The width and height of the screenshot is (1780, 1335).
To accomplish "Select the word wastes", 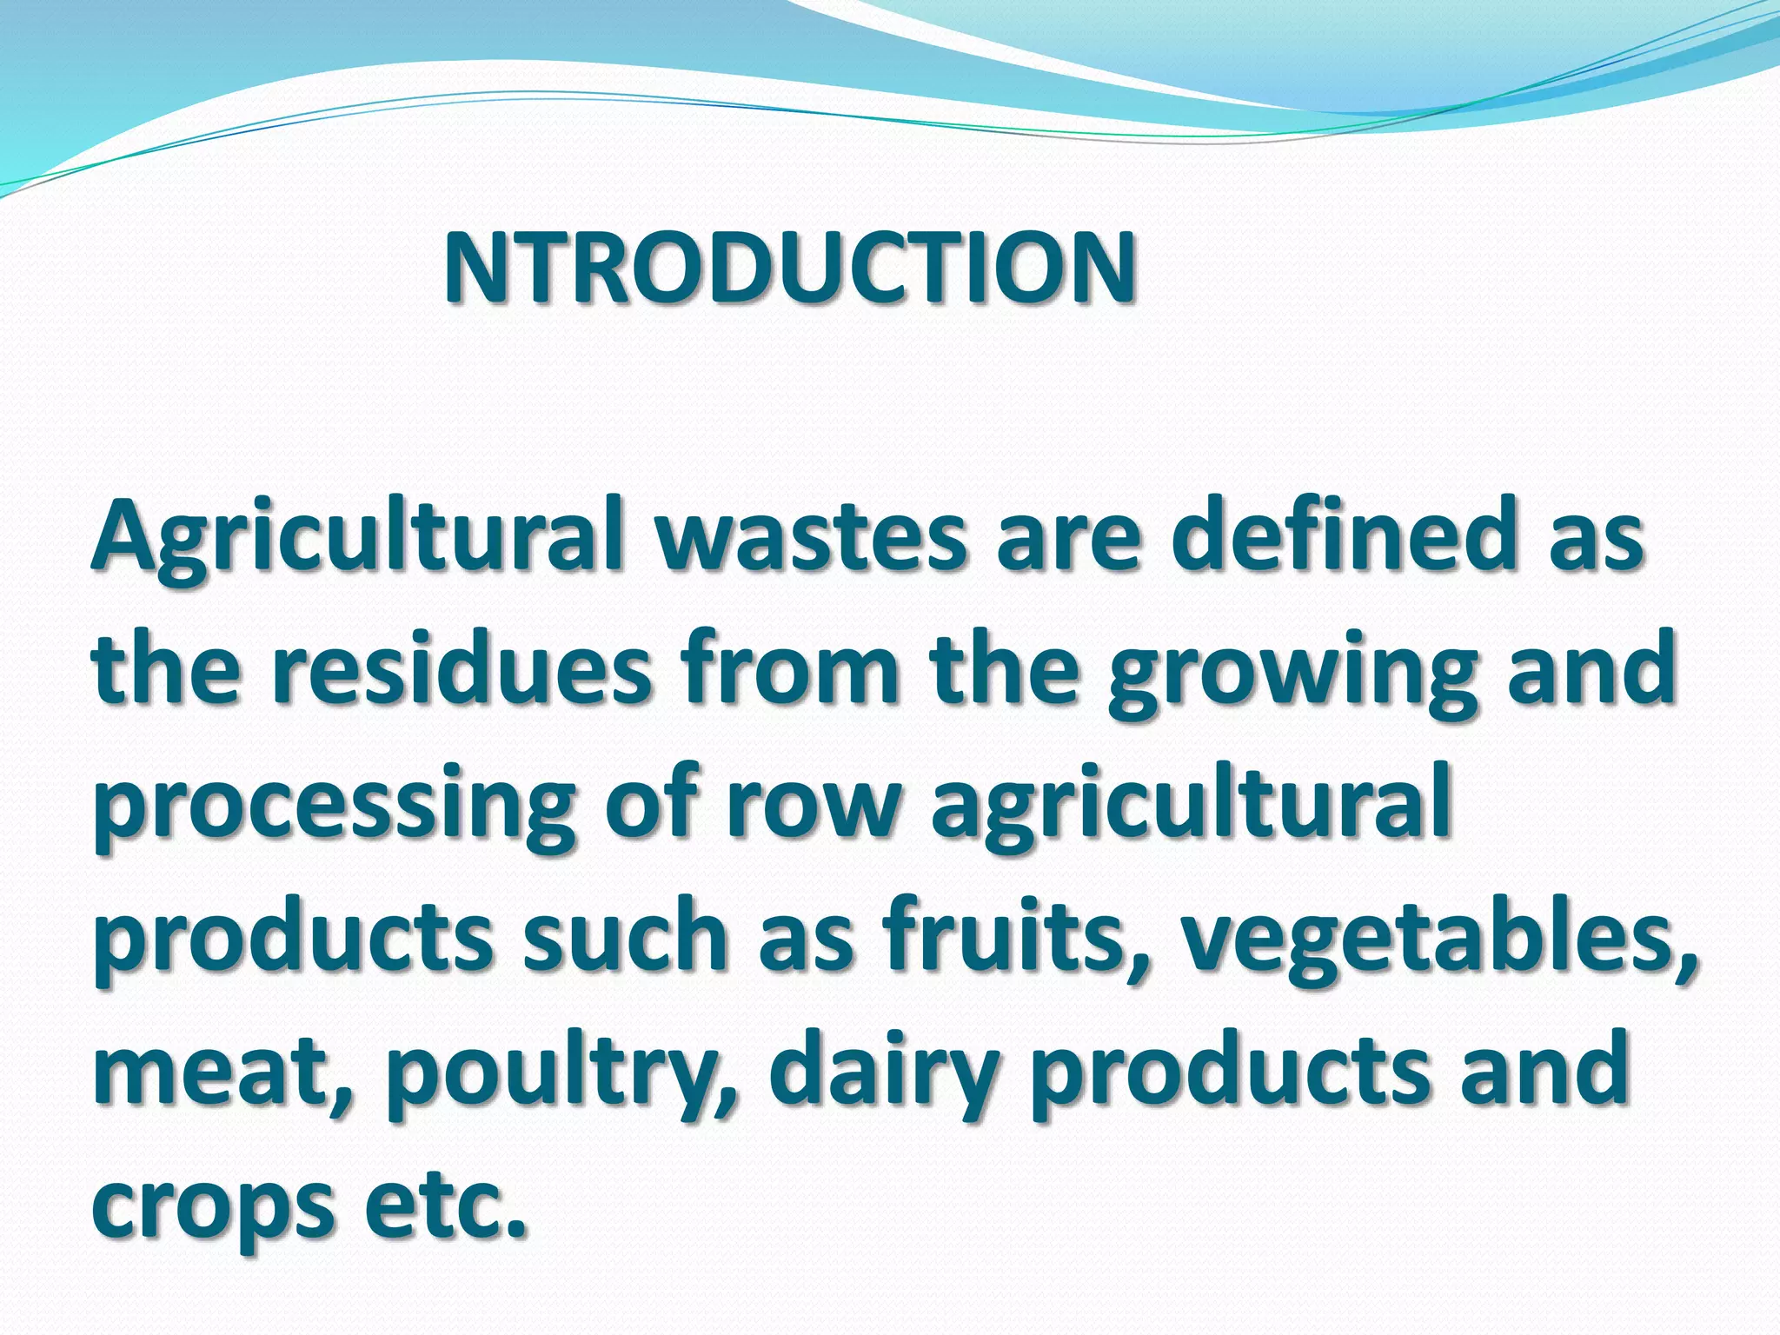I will point(810,535).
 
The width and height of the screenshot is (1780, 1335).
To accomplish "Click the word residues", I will point(462,669).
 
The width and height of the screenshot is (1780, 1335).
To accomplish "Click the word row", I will point(812,803).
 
